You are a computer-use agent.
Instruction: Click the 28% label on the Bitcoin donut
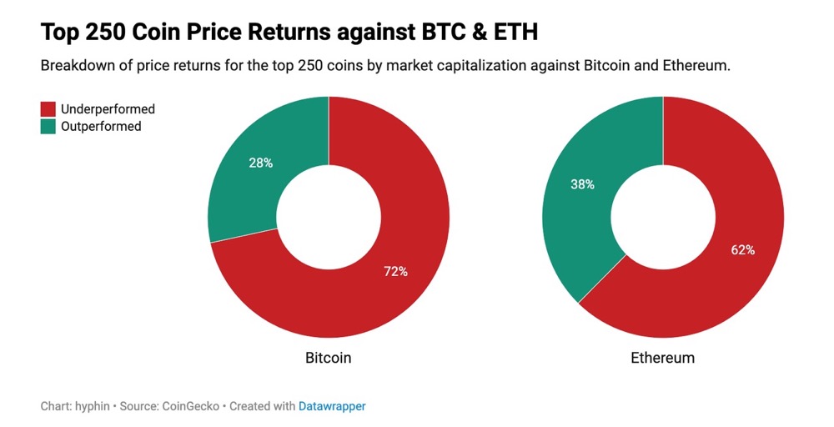pos(261,163)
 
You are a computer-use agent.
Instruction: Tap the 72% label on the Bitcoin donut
pos(395,271)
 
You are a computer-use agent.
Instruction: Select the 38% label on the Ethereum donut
pos(581,184)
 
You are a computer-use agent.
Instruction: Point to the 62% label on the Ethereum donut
pos(742,249)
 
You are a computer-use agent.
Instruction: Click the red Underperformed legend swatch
pos(48,109)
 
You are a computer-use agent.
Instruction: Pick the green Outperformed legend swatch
pos(48,127)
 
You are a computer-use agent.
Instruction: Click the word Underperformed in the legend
pos(108,109)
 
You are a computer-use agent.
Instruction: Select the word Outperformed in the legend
pos(101,127)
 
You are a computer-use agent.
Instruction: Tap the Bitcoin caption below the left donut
pos(328,358)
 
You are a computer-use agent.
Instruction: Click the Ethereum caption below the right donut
pos(662,358)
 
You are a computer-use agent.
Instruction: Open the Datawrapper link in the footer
pos(332,406)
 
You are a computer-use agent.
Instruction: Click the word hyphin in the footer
pos(93,406)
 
